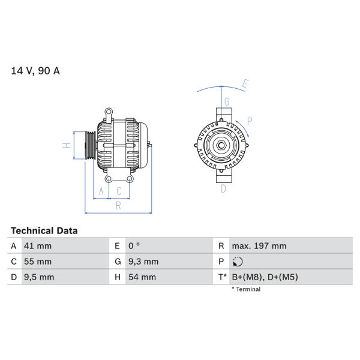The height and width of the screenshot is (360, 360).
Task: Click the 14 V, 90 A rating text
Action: click(35, 71)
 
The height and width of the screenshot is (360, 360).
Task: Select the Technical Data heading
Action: click(44, 230)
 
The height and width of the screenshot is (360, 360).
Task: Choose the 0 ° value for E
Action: click(134, 246)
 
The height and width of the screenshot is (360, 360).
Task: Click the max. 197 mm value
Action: click(259, 246)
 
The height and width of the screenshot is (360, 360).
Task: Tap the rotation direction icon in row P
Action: click(238, 262)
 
